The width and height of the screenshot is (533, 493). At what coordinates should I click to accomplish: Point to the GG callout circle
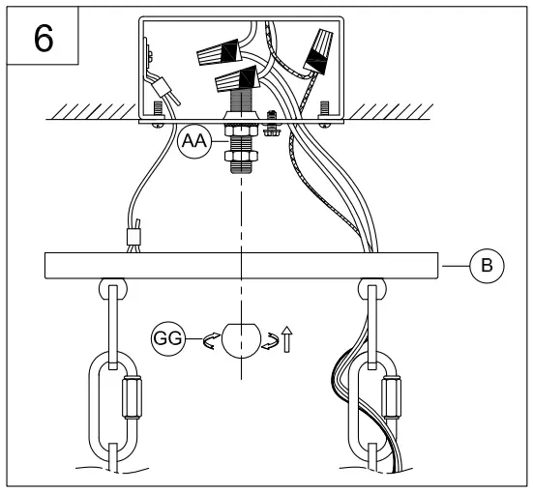pos(168,339)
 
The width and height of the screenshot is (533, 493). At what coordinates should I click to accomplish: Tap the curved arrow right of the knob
pos(272,339)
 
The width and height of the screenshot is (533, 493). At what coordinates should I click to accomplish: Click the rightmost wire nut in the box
pos(322,48)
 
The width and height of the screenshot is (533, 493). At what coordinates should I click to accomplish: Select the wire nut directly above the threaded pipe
pos(235,80)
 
